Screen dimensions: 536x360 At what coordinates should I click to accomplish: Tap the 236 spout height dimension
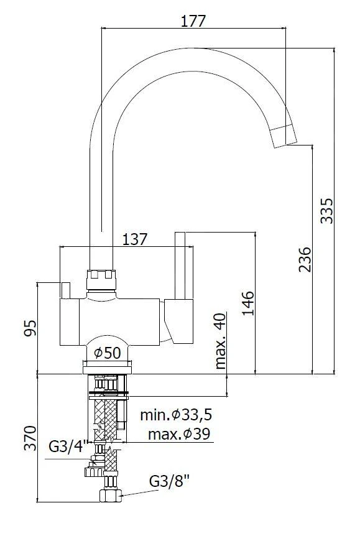(305, 260)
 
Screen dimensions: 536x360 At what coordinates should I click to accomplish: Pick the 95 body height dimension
(28, 328)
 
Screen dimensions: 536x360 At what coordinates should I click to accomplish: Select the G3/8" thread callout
(170, 482)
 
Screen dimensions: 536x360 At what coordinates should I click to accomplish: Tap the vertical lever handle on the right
(180, 264)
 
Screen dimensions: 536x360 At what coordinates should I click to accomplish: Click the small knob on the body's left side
(65, 290)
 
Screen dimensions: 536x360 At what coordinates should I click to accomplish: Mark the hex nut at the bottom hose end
(111, 496)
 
